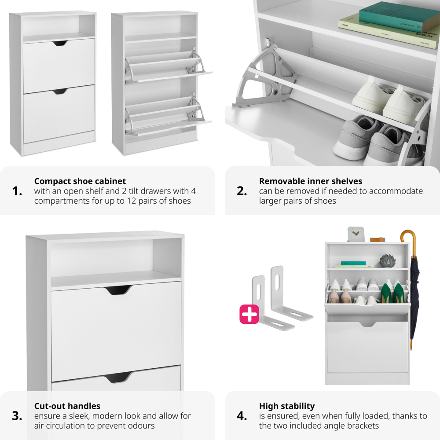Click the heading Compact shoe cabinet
(80, 181)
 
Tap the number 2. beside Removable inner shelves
(242, 191)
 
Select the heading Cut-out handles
(67, 406)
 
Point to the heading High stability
(286, 406)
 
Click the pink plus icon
(249, 314)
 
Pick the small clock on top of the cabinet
(356, 235)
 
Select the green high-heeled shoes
(393, 293)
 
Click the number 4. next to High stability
(242, 416)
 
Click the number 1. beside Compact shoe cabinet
(17, 191)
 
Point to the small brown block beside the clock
(377, 239)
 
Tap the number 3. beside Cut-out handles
(17, 416)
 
